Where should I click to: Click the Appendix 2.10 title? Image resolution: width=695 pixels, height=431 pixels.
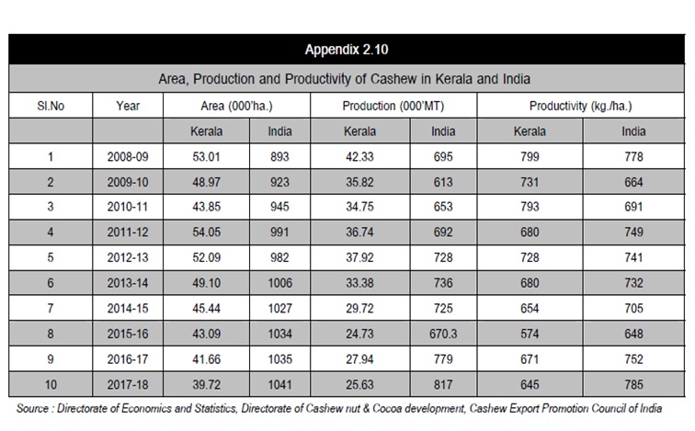click(x=347, y=50)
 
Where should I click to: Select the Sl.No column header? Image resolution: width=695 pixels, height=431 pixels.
click(x=51, y=106)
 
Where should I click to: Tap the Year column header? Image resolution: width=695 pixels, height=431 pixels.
click(x=128, y=106)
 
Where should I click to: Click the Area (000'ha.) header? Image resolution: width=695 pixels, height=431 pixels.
click(x=236, y=106)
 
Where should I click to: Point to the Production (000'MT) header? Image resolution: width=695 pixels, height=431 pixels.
click(x=393, y=106)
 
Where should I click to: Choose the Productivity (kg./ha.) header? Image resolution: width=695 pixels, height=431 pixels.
click(x=581, y=106)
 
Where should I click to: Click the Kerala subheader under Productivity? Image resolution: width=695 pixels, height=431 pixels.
click(x=530, y=131)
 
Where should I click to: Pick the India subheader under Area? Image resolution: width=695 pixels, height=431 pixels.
click(x=279, y=131)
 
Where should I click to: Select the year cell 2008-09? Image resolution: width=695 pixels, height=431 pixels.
click(x=128, y=157)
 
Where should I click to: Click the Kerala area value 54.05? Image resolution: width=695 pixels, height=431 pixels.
click(x=206, y=233)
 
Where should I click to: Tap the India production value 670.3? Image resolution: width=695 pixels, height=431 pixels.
click(x=443, y=334)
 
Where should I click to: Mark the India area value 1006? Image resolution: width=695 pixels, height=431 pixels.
click(x=279, y=283)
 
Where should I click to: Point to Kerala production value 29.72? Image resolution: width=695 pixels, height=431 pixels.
click(x=360, y=308)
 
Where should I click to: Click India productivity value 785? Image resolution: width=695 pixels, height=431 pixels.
click(x=633, y=384)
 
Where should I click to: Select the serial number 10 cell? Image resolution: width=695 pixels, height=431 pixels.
click(x=51, y=384)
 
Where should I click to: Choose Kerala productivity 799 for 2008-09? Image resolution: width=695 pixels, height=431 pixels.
click(x=530, y=157)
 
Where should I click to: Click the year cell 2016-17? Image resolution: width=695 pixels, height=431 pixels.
click(x=128, y=359)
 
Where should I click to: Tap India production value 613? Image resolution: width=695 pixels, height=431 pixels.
click(x=443, y=182)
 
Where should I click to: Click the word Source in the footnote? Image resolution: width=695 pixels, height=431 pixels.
click(x=32, y=408)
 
